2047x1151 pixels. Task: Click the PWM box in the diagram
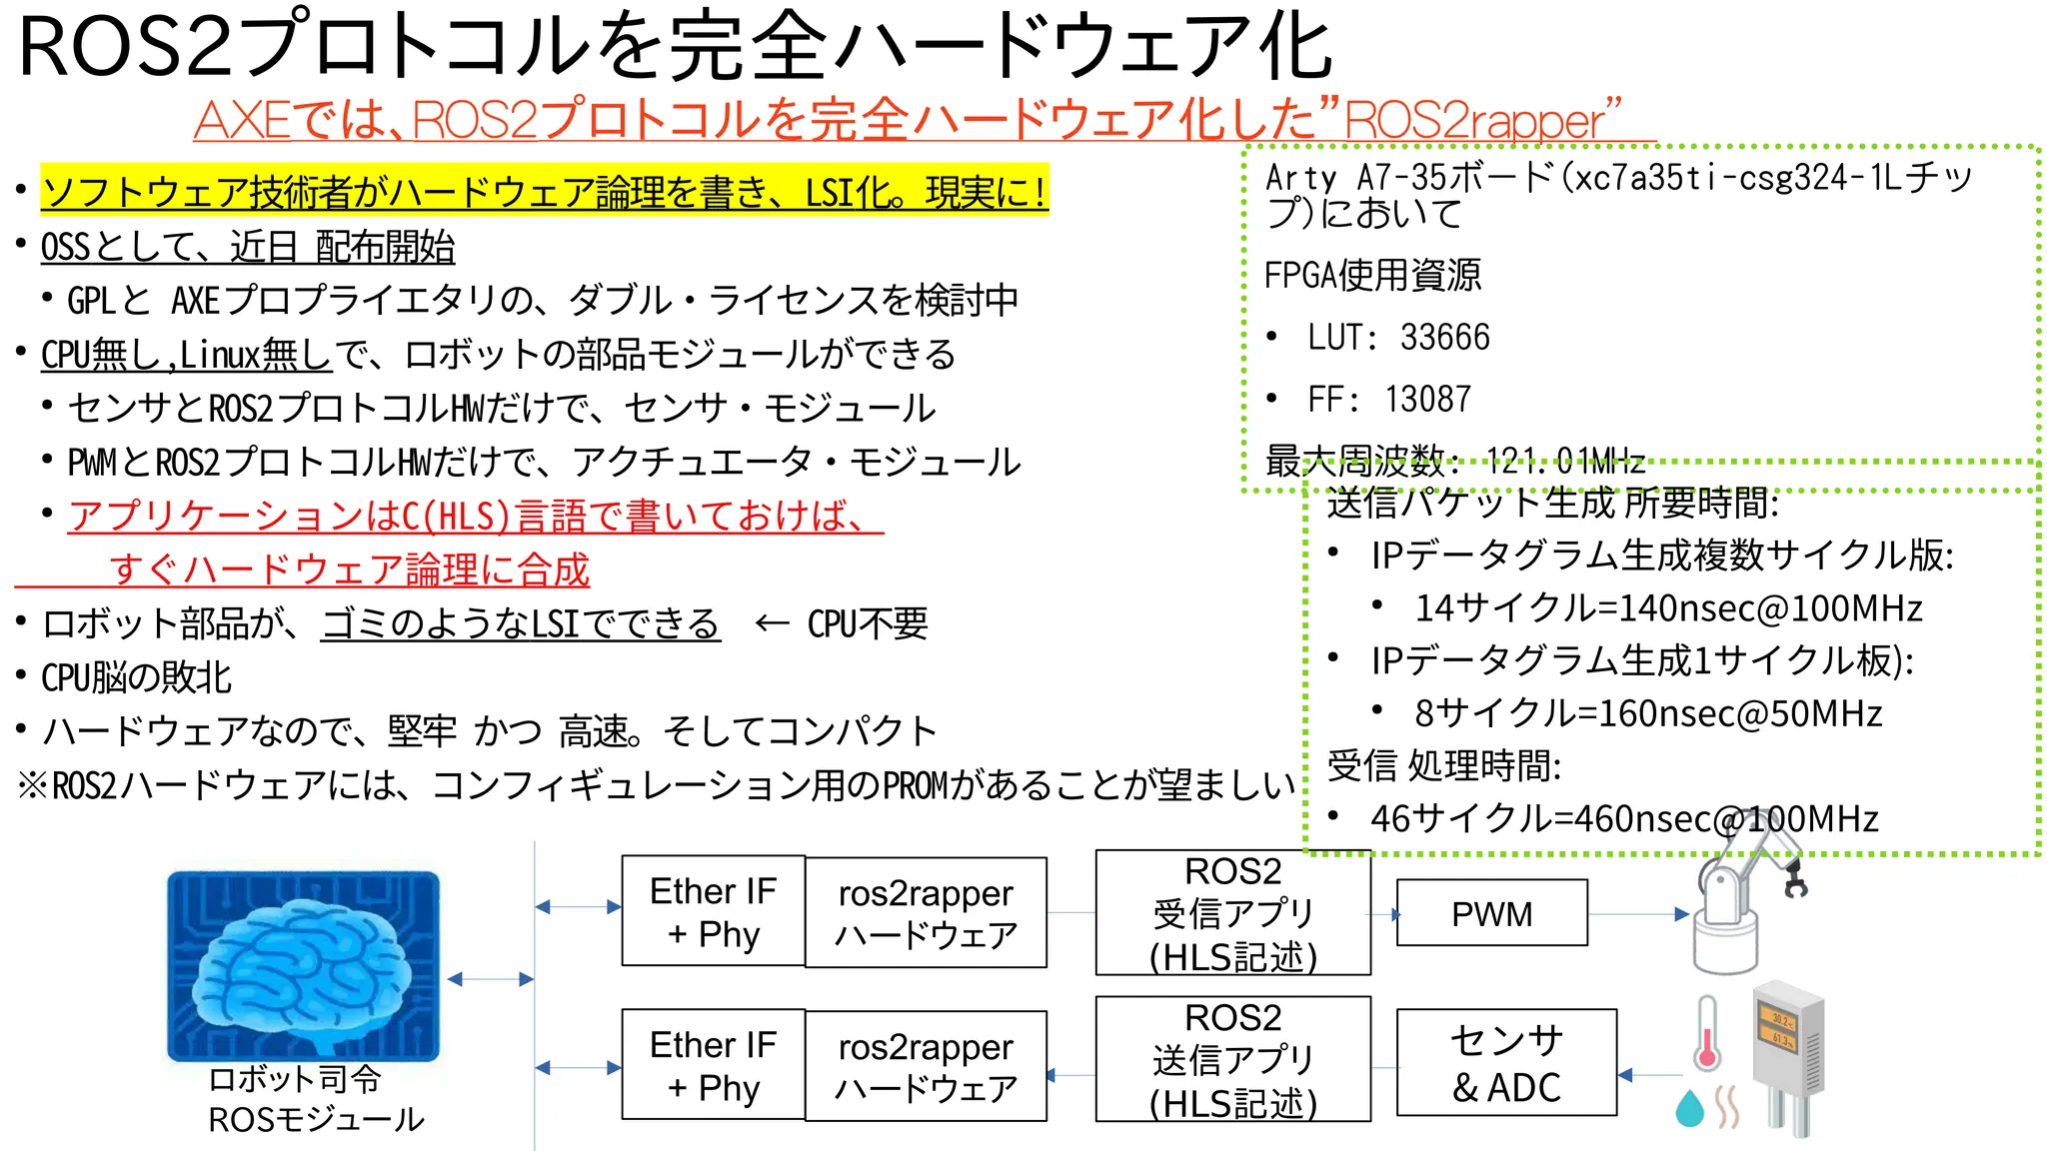(1491, 913)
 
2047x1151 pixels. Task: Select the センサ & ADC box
(1506, 1062)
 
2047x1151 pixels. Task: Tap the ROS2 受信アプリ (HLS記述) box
(1232, 913)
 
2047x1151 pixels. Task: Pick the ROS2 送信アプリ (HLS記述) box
(1232, 1060)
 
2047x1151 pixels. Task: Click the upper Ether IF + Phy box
(713, 911)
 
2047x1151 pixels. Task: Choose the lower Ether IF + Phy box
(713, 1065)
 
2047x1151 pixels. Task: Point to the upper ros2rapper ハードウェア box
(926, 913)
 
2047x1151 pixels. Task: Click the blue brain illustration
(303, 964)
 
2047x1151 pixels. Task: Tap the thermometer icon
(1706, 1033)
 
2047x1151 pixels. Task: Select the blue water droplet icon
(1689, 1108)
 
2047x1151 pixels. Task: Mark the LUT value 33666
(1444, 338)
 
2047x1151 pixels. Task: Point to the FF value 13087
(1427, 400)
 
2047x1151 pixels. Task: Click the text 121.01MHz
(1565, 461)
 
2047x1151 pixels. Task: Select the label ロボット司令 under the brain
(295, 1079)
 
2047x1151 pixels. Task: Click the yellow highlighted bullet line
(545, 191)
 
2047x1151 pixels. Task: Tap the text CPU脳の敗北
(137, 677)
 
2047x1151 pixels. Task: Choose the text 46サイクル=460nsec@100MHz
(1624, 819)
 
